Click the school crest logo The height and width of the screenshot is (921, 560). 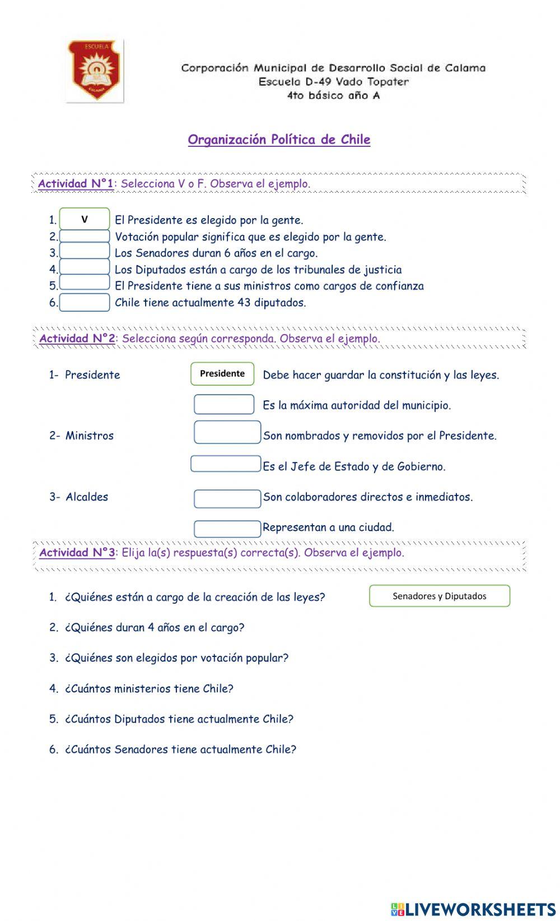click(95, 70)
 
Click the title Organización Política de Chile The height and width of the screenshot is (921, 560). click(279, 140)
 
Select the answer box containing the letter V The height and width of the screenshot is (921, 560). click(85, 219)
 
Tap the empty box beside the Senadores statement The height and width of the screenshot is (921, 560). click(85, 252)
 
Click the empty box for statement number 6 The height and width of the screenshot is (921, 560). click(85, 303)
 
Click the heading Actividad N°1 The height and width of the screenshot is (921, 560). click(76, 184)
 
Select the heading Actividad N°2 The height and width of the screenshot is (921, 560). click(77, 339)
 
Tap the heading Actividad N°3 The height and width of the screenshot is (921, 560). click(77, 553)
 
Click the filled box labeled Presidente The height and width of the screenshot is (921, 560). click(222, 374)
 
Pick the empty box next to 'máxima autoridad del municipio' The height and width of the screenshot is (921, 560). click(224, 405)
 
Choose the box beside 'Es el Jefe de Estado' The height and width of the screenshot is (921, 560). click(226, 464)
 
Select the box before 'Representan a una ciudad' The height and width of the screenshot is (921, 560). click(227, 529)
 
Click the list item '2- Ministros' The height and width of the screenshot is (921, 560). click(81, 436)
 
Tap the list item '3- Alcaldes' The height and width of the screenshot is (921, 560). click(79, 497)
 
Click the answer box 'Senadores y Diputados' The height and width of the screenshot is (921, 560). click(440, 596)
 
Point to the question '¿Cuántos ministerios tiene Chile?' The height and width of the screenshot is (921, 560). click(149, 688)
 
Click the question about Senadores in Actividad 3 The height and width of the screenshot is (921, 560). click(180, 749)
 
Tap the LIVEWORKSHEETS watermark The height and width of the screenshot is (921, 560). click(473, 909)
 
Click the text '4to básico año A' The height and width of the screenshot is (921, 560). click(333, 95)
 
